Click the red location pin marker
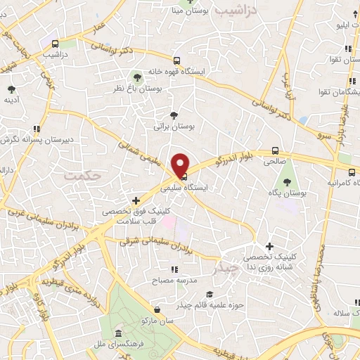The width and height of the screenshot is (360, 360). click(x=181, y=164)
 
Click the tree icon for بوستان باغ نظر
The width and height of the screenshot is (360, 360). click(x=137, y=77)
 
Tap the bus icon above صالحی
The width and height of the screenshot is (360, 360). click(x=276, y=150)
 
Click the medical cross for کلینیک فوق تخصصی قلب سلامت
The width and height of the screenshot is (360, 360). click(x=126, y=200)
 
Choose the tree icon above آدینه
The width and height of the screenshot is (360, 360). click(x=12, y=89)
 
